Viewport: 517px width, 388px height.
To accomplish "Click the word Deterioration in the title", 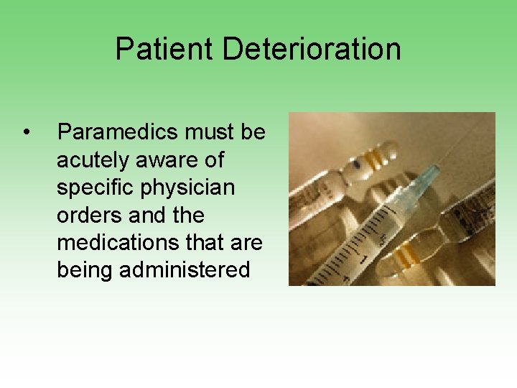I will tap(311, 49).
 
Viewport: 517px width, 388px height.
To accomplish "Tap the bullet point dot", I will tap(26, 132).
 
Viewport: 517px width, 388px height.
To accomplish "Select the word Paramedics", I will tap(118, 132).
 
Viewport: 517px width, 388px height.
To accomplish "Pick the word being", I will tap(88, 270).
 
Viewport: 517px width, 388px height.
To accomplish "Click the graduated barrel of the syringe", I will tap(373, 230).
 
